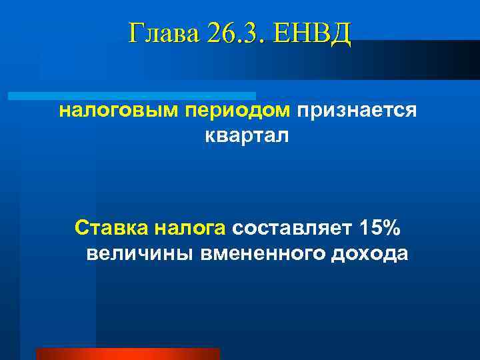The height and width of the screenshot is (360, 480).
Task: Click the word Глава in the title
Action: click(163, 33)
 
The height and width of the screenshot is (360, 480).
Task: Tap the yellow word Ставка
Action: click(111, 228)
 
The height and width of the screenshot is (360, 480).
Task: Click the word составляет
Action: click(292, 228)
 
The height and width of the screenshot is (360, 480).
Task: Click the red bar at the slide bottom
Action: click(127, 354)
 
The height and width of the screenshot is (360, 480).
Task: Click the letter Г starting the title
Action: click(135, 33)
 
